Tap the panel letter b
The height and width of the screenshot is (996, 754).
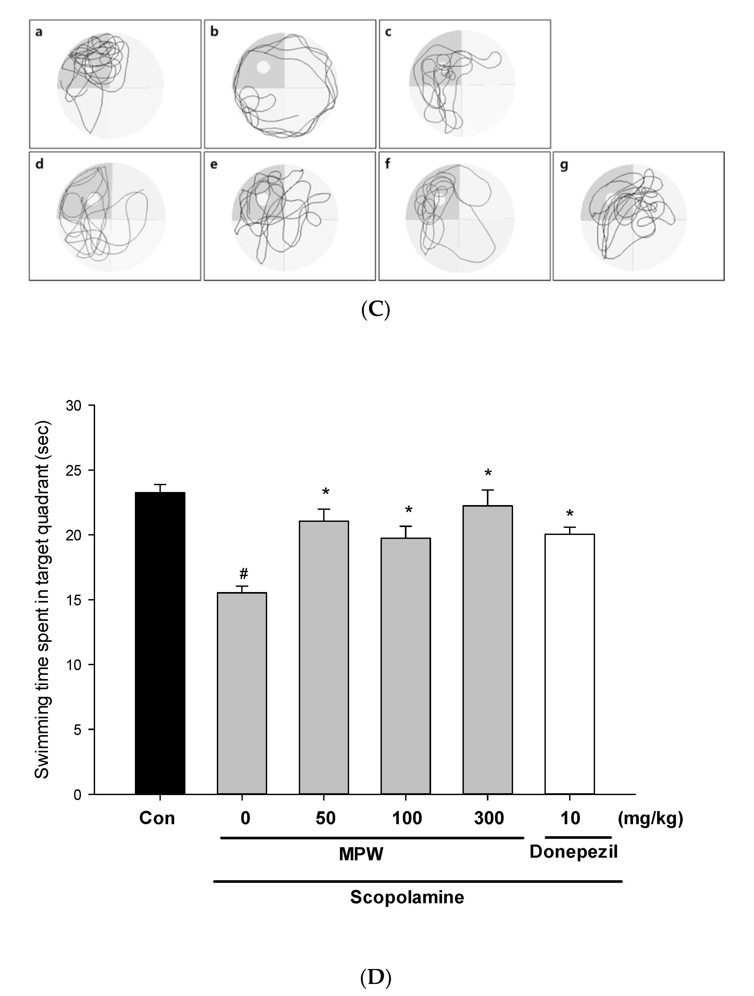point(214,32)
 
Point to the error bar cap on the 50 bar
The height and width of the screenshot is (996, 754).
point(324,509)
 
